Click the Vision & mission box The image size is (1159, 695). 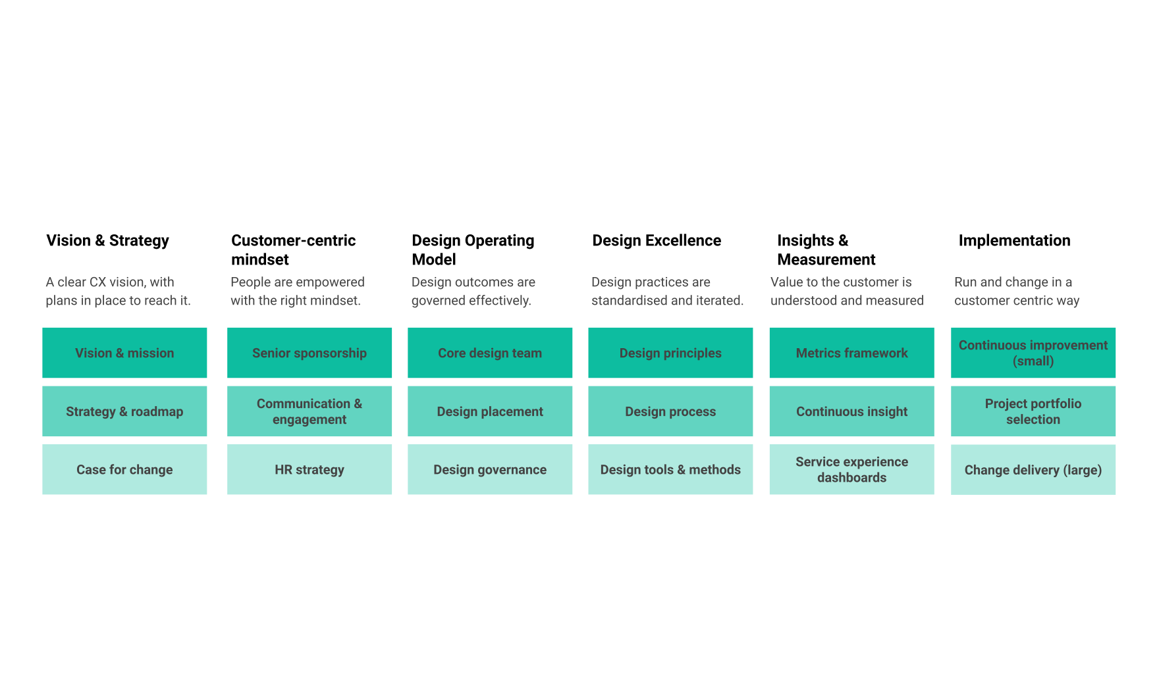click(124, 353)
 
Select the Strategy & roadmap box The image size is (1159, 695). click(124, 411)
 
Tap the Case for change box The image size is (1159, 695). click(124, 469)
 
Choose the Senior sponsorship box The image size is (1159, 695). click(310, 353)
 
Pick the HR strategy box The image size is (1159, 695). click(310, 469)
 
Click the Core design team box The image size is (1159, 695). click(490, 353)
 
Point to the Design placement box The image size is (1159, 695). click(490, 411)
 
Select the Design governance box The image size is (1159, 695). click(490, 469)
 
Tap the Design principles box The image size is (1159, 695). click(670, 353)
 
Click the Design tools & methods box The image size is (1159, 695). click(670, 469)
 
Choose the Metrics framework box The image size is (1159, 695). click(852, 353)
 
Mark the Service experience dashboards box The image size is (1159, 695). click(852, 469)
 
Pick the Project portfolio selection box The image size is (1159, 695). click(1033, 411)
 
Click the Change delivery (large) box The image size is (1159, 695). click(1033, 470)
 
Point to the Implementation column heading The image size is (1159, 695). click(1014, 241)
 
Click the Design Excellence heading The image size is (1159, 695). click(657, 241)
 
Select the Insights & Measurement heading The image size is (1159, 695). click(826, 250)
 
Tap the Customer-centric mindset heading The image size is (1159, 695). click(294, 250)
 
